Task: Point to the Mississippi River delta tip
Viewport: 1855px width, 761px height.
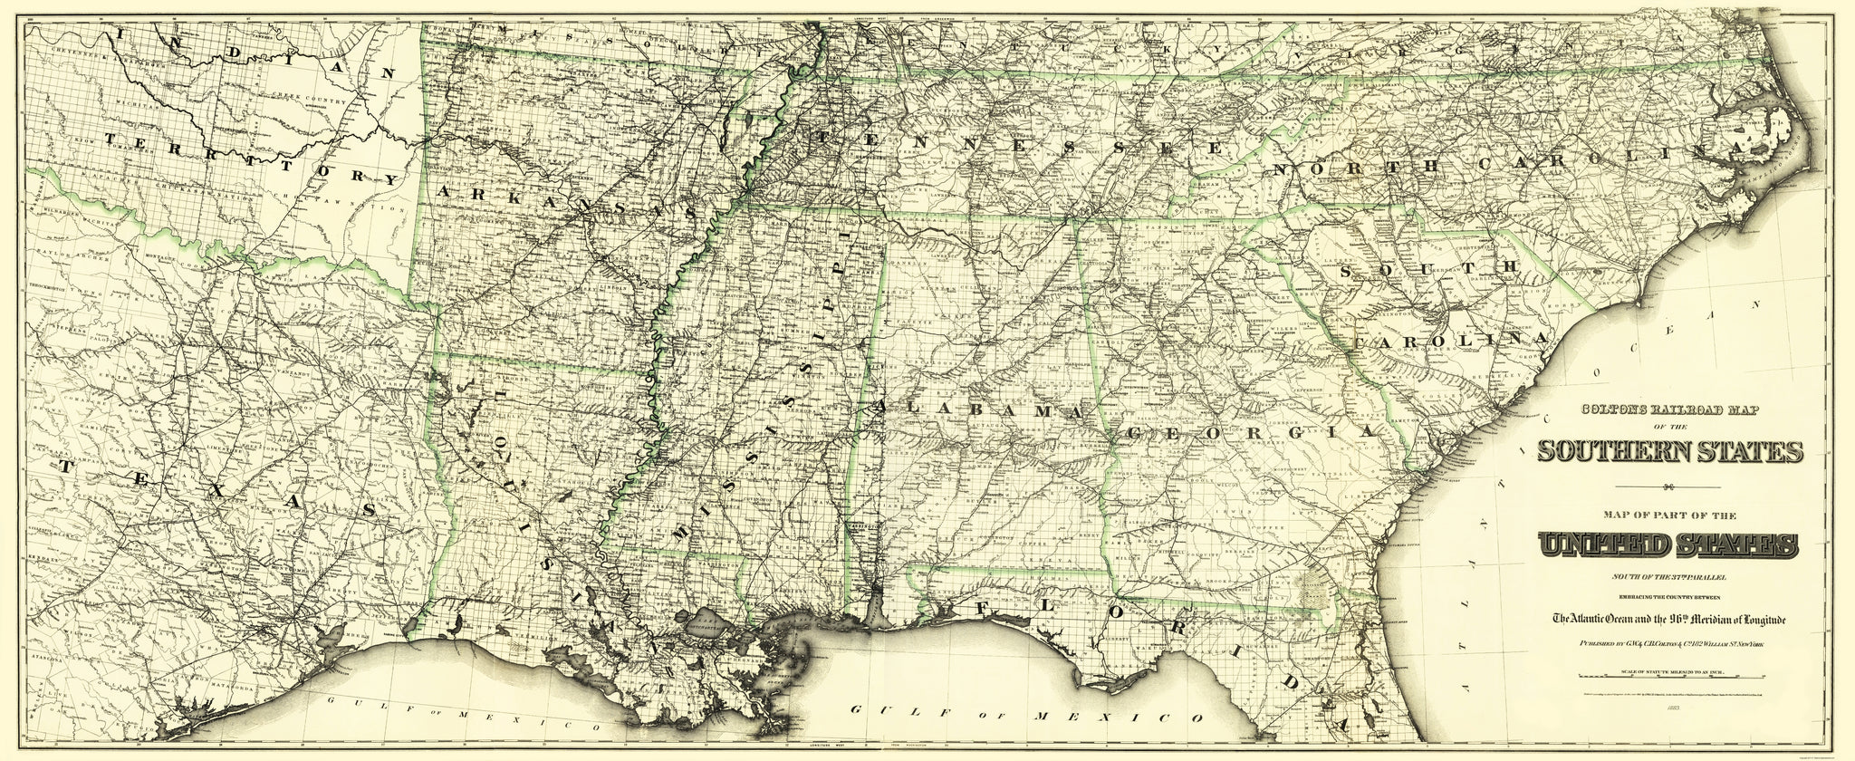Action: [770, 725]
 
